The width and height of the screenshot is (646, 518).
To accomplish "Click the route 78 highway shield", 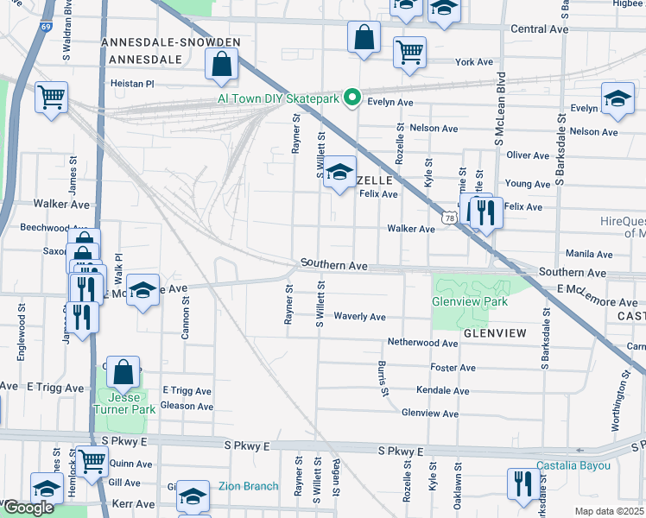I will [x=448, y=219].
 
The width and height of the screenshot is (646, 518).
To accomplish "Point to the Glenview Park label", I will [x=470, y=301].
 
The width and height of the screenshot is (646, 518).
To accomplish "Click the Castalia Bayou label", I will [x=573, y=466].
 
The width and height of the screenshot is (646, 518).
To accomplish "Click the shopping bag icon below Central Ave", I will [x=364, y=38].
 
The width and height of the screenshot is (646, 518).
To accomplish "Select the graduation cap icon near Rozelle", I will [x=341, y=170].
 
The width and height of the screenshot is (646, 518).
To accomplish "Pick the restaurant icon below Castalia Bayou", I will [x=522, y=483].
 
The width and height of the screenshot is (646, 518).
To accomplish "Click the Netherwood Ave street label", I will [x=422, y=343].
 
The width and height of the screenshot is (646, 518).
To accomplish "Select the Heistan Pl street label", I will [x=131, y=84].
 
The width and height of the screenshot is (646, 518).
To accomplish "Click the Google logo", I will [x=28, y=508].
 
